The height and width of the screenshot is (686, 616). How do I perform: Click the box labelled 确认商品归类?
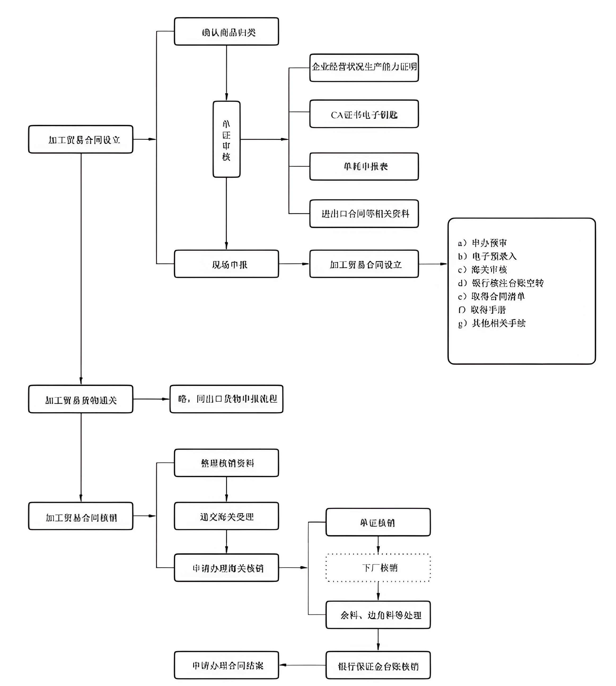point(226,32)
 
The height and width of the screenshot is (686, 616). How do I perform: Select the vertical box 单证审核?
point(226,139)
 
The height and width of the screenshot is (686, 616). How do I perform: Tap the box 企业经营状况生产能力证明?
point(364,68)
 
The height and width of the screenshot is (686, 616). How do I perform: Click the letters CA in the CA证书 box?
point(337,115)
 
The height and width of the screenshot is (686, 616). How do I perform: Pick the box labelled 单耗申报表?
point(364,166)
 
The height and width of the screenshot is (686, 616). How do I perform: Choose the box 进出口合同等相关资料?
point(364,214)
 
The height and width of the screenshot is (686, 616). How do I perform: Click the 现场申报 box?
point(226,264)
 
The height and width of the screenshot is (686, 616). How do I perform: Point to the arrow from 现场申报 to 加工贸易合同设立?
point(294,264)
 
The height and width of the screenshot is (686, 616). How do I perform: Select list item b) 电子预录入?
point(487,256)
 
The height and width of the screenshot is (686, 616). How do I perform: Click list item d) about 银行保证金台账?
point(501,283)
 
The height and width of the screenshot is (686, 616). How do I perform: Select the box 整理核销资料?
point(226,463)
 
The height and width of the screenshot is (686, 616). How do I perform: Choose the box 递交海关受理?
point(226,516)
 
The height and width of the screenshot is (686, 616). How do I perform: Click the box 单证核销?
point(378,522)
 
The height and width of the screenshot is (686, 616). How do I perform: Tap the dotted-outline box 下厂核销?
point(378,568)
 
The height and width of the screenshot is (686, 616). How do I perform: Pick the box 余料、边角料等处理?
point(378,615)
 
